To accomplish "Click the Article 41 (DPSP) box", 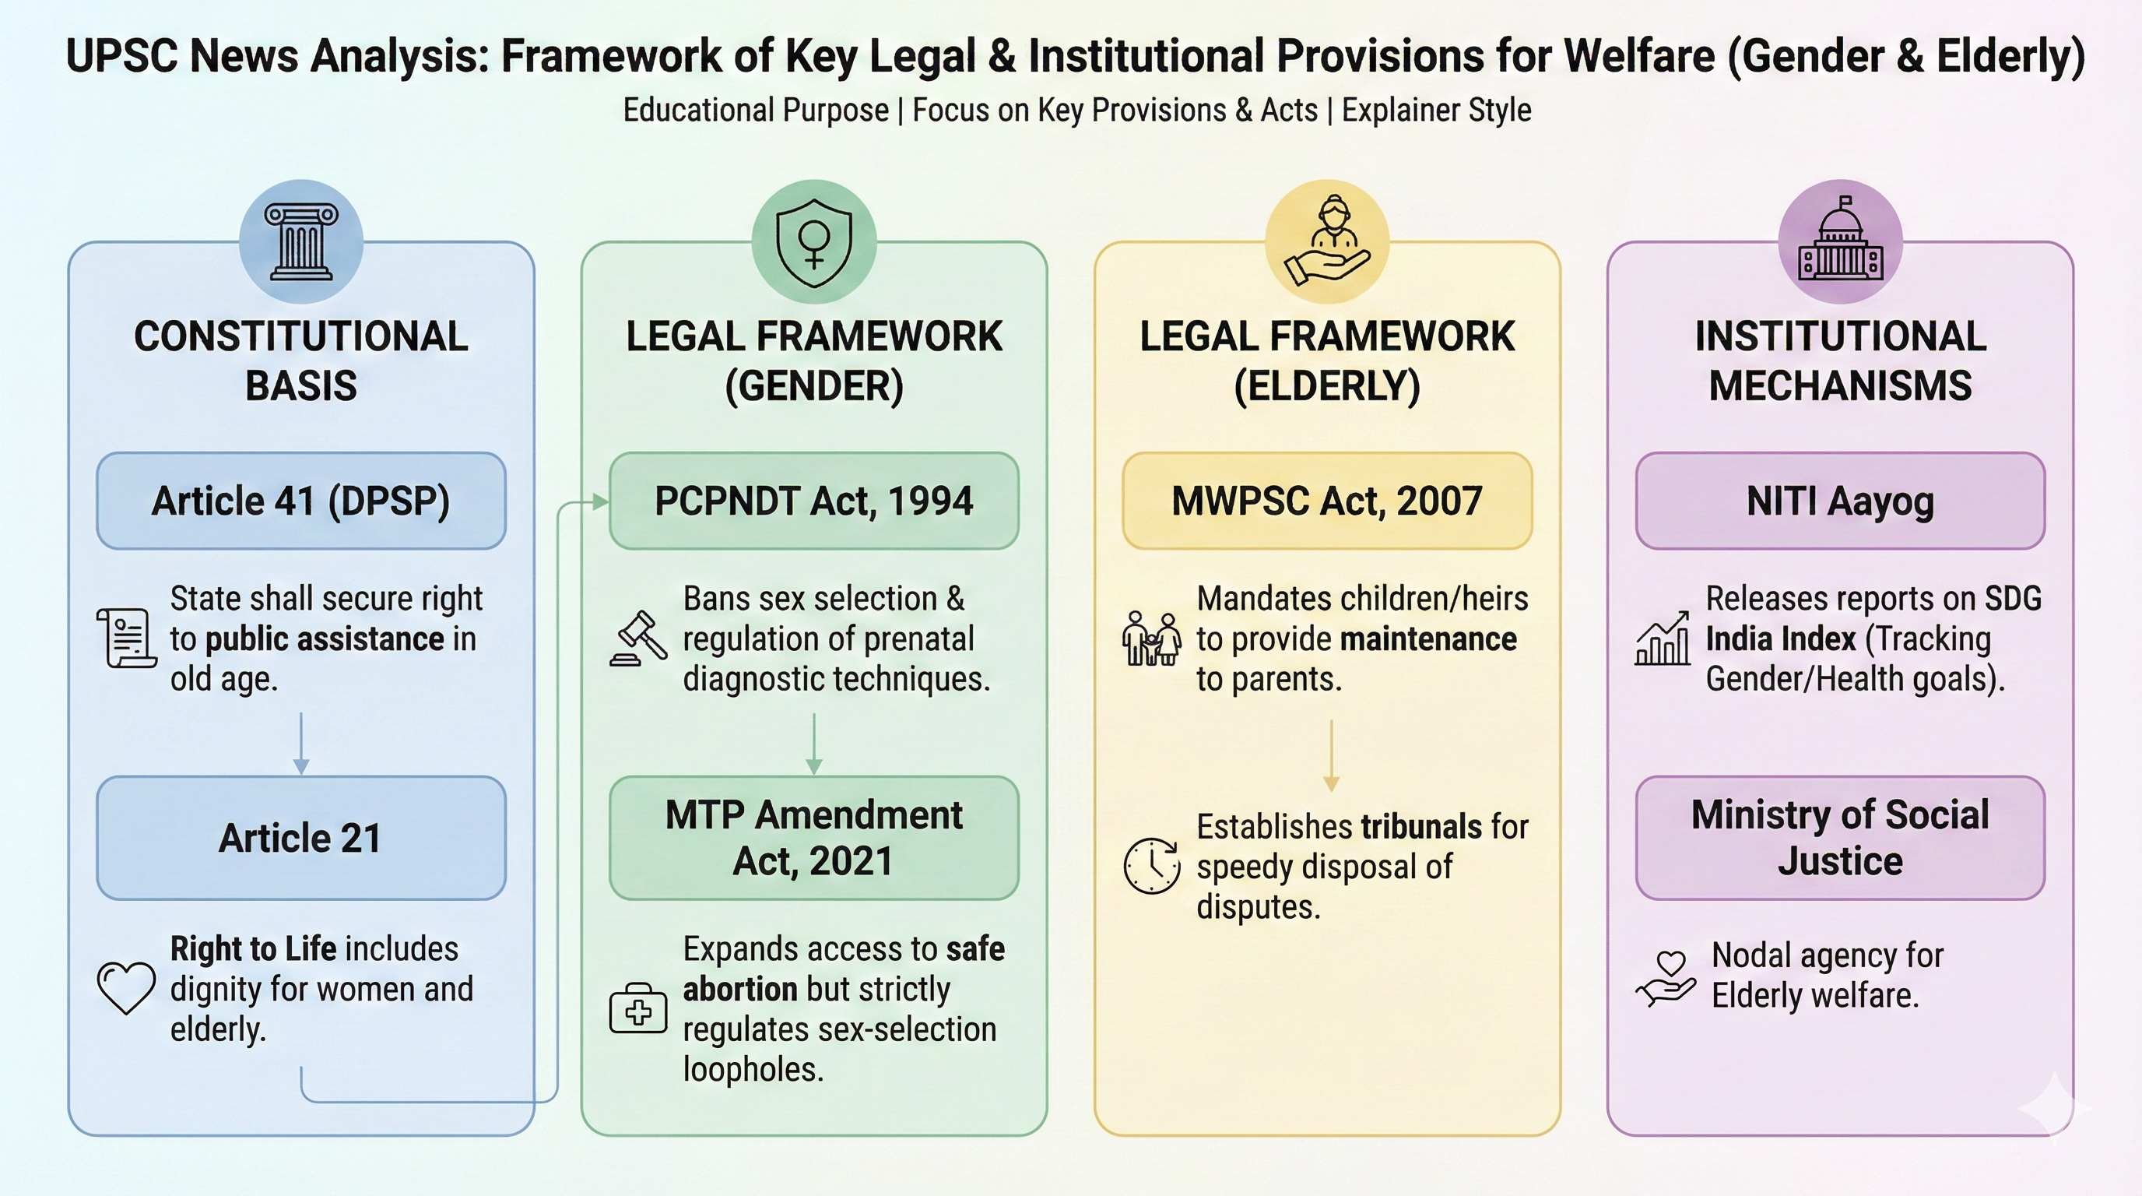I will coord(301,501).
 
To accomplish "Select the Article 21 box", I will coord(301,838).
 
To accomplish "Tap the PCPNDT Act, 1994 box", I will coord(813,501).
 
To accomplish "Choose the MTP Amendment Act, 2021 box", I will coord(813,838).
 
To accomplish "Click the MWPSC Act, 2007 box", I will coord(1327,501).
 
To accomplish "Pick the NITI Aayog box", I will coord(1839,501).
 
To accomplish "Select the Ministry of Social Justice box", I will coord(1839,838).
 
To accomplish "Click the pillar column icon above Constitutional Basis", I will coord(301,241).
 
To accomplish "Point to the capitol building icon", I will coord(1840,241).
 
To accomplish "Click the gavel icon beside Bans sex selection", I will coord(638,638).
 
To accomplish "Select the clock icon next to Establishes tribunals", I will coord(1152,866).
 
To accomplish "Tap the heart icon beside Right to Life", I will coord(126,987).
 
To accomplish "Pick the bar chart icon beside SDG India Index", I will coord(1663,638).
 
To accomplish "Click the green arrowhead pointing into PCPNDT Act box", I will coord(599,501).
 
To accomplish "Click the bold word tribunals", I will coord(1421,827).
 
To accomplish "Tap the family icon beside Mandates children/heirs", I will coord(1152,638).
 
